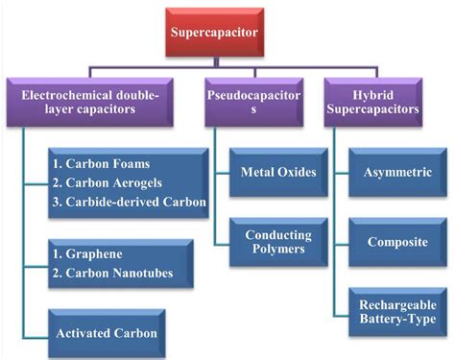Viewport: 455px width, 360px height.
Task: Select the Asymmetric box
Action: click(x=396, y=173)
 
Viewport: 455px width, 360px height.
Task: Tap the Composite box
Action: click(x=396, y=241)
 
